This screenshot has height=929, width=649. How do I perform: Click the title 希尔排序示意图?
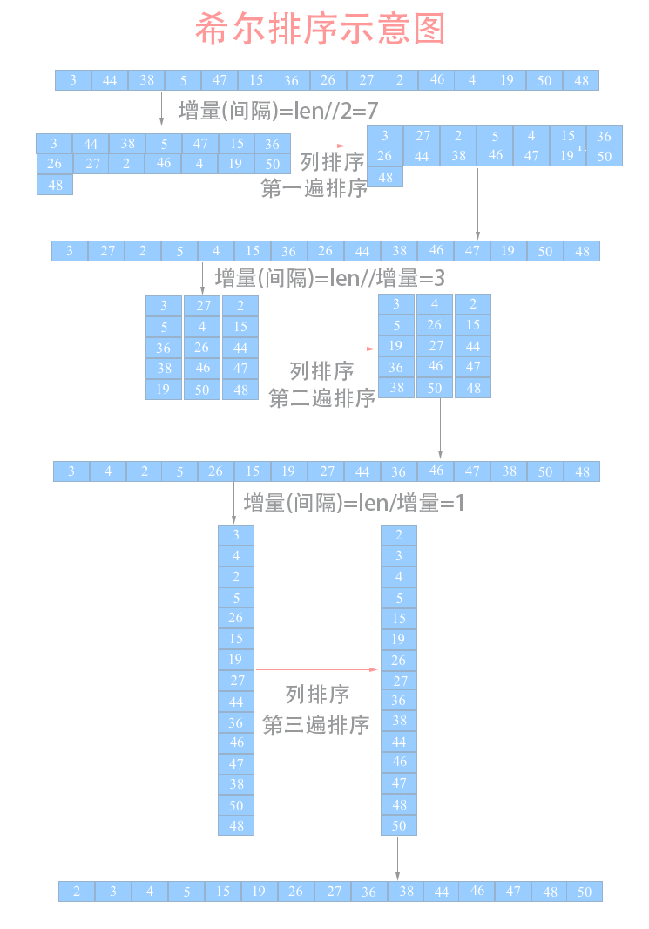click(320, 29)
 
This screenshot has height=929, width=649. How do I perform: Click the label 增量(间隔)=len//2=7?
click(277, 110)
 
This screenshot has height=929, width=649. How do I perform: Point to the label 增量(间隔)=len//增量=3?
click(329, 278)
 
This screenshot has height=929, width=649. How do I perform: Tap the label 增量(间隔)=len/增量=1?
click(354, 503)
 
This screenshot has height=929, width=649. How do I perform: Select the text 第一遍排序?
click(314, 187)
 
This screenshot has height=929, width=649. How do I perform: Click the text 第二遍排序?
click(321, 398)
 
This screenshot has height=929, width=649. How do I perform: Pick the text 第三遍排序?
click(316, 724)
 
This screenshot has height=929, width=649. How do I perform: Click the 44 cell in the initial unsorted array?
click(110, 80)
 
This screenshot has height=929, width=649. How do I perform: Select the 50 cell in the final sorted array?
click(585, 892)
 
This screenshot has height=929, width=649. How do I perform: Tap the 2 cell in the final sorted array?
click(77, 892)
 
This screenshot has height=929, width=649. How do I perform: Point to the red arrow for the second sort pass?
click(318, 348)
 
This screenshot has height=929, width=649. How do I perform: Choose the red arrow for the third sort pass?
click(317, 670)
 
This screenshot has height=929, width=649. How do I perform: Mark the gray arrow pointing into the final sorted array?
click(398, 858)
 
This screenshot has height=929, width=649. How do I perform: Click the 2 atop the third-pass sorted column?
click(399, 534)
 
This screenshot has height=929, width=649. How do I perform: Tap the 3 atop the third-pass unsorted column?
click(236, 534)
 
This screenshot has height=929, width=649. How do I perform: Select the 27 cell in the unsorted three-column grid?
click(202, 306)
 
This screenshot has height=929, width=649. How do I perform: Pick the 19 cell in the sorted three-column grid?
click(396, 346)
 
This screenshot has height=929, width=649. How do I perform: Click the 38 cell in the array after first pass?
click(399, 251)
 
